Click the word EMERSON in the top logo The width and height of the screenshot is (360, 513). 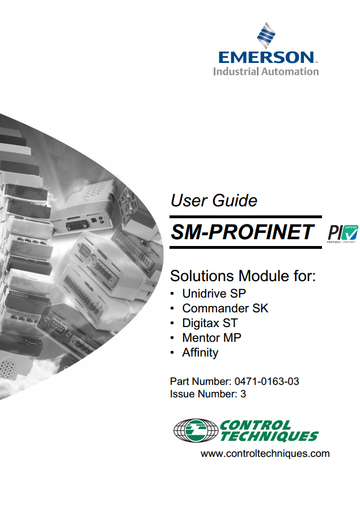tap(266, 57)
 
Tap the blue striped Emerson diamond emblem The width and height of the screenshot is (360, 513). tap(266, 35)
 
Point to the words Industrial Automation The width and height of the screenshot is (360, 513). tap(266, 71)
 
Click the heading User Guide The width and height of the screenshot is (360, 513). tap(214, 201)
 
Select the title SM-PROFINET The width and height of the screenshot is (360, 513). tap(242, 232)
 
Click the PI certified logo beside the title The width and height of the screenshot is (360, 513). tap(342, 234)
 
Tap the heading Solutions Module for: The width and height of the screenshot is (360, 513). tap(243, 276)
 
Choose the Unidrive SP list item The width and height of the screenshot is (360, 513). tap(214, 294)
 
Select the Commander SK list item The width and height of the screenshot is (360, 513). tap(225, 308)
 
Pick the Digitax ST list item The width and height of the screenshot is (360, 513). tap(210, 323)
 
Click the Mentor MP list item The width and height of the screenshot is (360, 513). tap(211, 338)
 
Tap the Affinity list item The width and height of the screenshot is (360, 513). tap(200, 353)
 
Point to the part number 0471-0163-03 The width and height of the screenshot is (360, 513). tap(266, 381)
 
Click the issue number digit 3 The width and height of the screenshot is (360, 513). tap(243, 394)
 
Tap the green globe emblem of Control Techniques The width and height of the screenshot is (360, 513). tap(196, 431)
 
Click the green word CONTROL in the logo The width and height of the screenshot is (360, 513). tap(255, 425)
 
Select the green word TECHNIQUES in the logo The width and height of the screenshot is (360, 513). tap(269, 436)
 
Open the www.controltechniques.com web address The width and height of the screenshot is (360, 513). tap(265, 454)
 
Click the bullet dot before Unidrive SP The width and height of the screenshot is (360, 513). tap(172, 294)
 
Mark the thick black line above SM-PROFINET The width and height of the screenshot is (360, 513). tap(245, 217)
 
